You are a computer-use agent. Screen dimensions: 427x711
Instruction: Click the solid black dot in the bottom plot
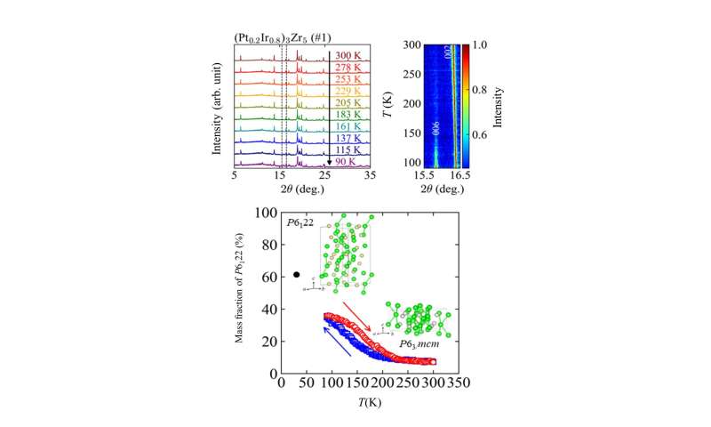click(x=297, y=275)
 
